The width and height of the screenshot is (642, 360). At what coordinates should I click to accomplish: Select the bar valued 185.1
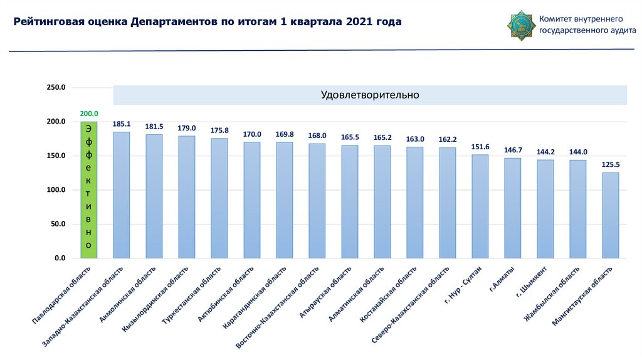coord(121,195)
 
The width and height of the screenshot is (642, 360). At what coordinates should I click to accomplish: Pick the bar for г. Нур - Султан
coord(480,206)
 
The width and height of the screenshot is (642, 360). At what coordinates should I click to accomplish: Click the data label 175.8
coord(219,130)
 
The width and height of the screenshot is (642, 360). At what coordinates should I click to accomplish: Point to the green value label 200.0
coord(88,114)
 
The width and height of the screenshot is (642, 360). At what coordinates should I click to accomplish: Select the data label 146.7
coord(512,151)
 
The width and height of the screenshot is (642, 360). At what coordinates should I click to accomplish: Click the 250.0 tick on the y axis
coord(56,87)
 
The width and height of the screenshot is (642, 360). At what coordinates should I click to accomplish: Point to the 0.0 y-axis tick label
coord(60,258)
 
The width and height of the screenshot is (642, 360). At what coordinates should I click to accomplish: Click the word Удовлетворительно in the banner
coord(369,95)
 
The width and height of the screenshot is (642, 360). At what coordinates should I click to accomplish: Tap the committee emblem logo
coord(520,24)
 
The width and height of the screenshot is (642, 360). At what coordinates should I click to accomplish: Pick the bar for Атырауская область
coord(349,201)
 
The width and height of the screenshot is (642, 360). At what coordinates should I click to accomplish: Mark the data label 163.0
coord(414,139)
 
